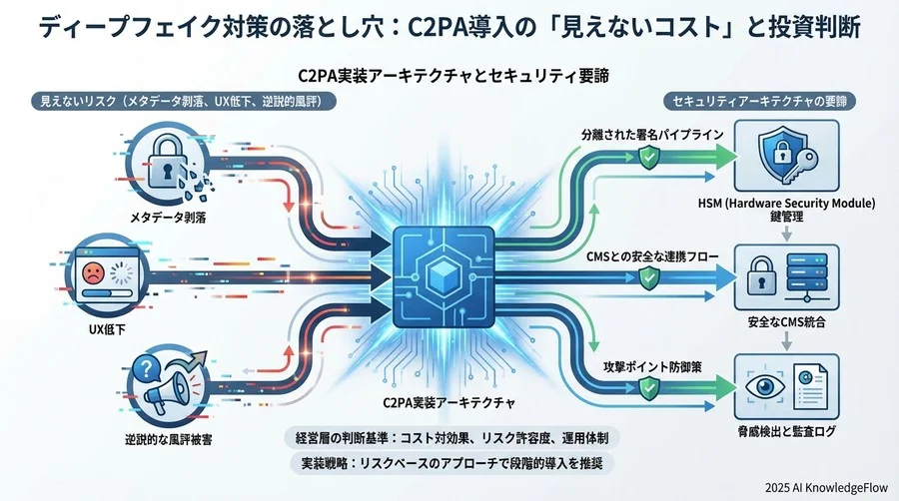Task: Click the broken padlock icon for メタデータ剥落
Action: pyautogui.click(x=164, y=160)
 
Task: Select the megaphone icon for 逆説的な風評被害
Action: pyautogui.click(x=164, y=384)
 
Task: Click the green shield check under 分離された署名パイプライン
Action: pyautogui.click(x=647, y=156)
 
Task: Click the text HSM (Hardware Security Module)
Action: pyautogui.click(x=786, y=204)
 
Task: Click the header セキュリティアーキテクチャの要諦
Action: pyautogui.click(x=765, y=103)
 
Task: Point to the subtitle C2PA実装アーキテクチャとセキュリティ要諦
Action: pyautogui.click(x=448, y=76)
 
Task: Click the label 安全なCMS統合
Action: pyautogui.click(x=787, y=321)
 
